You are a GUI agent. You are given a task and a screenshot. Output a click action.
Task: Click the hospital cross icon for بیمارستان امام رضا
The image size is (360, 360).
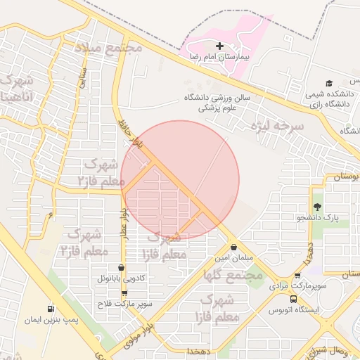(219, 46)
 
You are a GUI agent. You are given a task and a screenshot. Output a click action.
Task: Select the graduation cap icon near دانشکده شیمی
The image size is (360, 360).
(328, 84)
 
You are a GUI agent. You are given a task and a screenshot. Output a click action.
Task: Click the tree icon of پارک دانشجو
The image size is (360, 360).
(317, 207)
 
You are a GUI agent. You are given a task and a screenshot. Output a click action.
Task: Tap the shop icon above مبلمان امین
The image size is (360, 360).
(234, 247)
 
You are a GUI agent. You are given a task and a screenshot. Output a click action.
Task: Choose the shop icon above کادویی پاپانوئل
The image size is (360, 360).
(122, 268)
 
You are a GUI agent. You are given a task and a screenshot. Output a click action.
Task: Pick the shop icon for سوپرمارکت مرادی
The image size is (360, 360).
(298, 276)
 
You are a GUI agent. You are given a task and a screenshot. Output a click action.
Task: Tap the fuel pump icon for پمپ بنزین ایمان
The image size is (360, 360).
(51, 309)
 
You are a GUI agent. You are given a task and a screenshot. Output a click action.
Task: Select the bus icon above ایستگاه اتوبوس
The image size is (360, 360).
(274, 298)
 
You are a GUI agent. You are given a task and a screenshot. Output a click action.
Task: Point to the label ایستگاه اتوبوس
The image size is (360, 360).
(294, 309)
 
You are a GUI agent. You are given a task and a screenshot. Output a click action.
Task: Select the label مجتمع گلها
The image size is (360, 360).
(233, 275)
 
